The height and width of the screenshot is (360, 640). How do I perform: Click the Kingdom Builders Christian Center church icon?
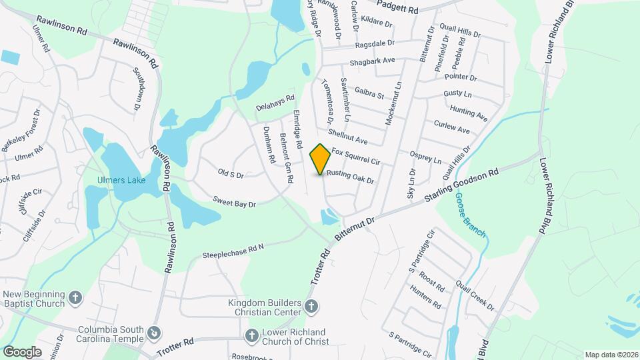tap(310, 307)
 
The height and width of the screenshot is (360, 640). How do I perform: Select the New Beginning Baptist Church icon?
tap(76, 297)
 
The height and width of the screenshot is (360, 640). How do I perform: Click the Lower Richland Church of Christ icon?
tap(252, 335)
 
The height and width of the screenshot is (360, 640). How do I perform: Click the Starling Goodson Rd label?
tap(461, 185)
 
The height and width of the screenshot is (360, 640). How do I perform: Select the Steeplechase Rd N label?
tap(234, 251)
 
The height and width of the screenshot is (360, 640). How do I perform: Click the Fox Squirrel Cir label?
tap(355, 157)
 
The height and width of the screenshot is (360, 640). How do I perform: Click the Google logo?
tap(22, 351)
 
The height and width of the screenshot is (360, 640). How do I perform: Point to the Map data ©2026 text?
tap(611, 355)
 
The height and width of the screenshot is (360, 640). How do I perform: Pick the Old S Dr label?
tap(231, 173)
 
